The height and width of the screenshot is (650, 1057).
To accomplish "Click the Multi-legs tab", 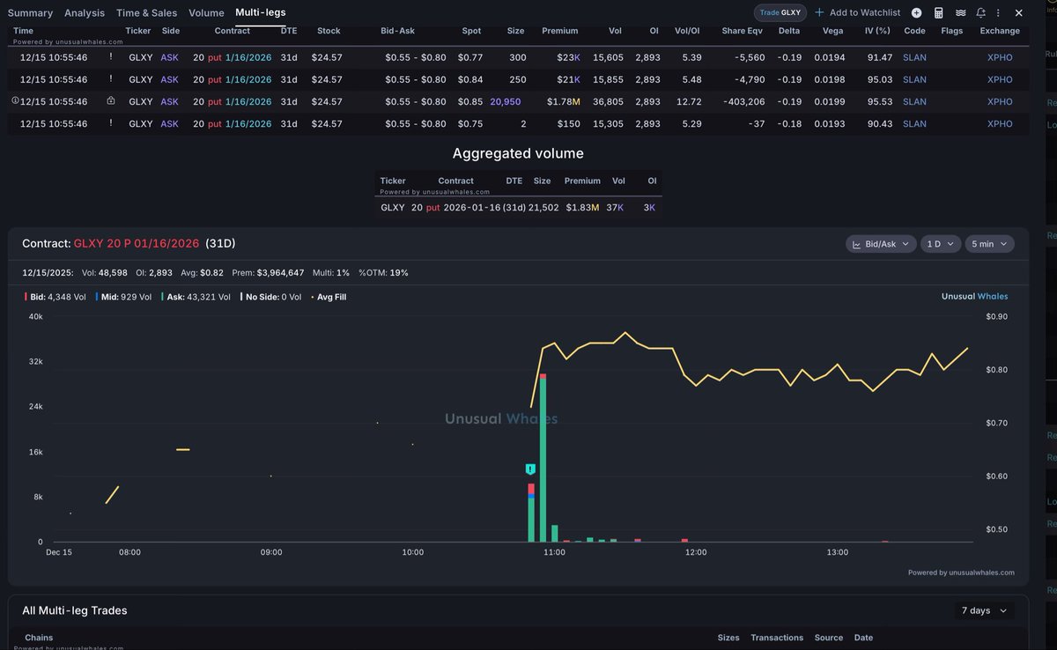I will pyautogui.click(x=260, y=12).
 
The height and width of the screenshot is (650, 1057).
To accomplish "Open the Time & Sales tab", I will pyautogui.click(x=146, y=13).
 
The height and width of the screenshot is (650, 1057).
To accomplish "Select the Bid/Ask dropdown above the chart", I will pyautogui.click(x=880, y=244).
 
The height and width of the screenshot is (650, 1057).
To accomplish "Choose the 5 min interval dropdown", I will pyautogui.click(x=989, y=244).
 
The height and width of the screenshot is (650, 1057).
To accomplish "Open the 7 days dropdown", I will pyautogui.click(x=983, y=610).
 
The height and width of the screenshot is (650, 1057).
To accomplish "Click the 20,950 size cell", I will pyautogui.click(x=506, y=102).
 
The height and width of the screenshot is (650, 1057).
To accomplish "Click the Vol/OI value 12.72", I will pyautogui.click(x=689, y=102).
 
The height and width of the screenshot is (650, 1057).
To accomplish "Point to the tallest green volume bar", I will pyautogui.click(x=543, y=458).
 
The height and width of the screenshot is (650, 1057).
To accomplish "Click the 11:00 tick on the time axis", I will pyautogui.click(x=554, y=552).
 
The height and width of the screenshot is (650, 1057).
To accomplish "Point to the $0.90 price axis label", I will pyautogui.click(x=996, y=316).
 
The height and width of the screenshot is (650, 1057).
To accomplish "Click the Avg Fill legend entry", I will pyautogui.click(x=329, y=297).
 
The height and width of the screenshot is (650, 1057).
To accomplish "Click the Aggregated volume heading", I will pyautogui.click(x=518, y=154).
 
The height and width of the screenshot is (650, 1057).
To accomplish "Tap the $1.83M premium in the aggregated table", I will pyautogui.click(x=581, y=208).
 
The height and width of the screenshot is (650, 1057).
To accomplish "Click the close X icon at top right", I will pyautogui.click(x=1019, y=13).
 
